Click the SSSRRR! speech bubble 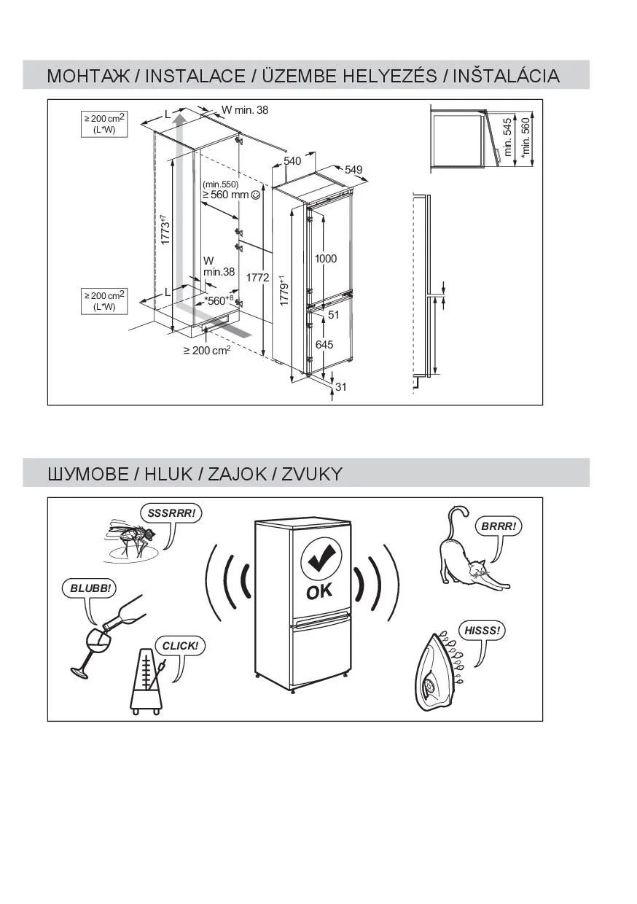coord(171,513)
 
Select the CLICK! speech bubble coord(180,645)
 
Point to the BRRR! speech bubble coord(499,526)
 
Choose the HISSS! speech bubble coord(482,630)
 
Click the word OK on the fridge coord(319,591)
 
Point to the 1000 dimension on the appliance coord(325,259)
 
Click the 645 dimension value coord(324,345)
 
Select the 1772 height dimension coord(257,278)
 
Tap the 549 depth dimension coord(353,170)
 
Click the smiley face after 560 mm coord(256,195)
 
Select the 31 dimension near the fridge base coord(341,387)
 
